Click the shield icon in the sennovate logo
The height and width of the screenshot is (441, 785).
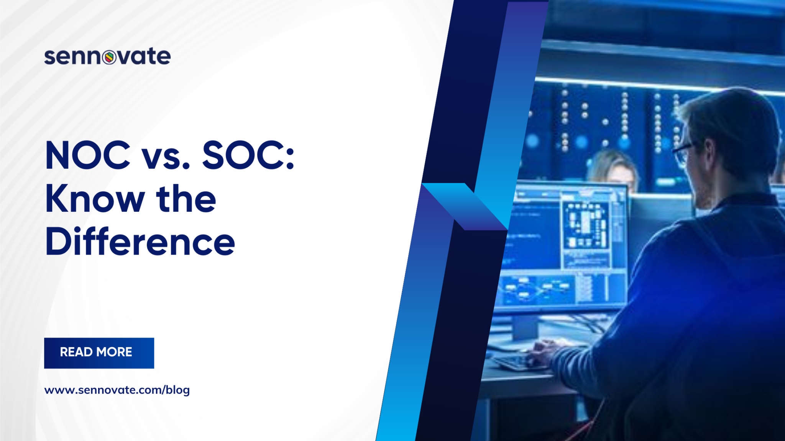(109, 57)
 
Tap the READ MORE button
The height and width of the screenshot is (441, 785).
(99, 353)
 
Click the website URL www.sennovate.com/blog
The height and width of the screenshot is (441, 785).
(117, 390)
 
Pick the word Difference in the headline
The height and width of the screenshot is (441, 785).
(140, 242)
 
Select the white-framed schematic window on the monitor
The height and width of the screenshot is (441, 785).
(585, 228)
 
